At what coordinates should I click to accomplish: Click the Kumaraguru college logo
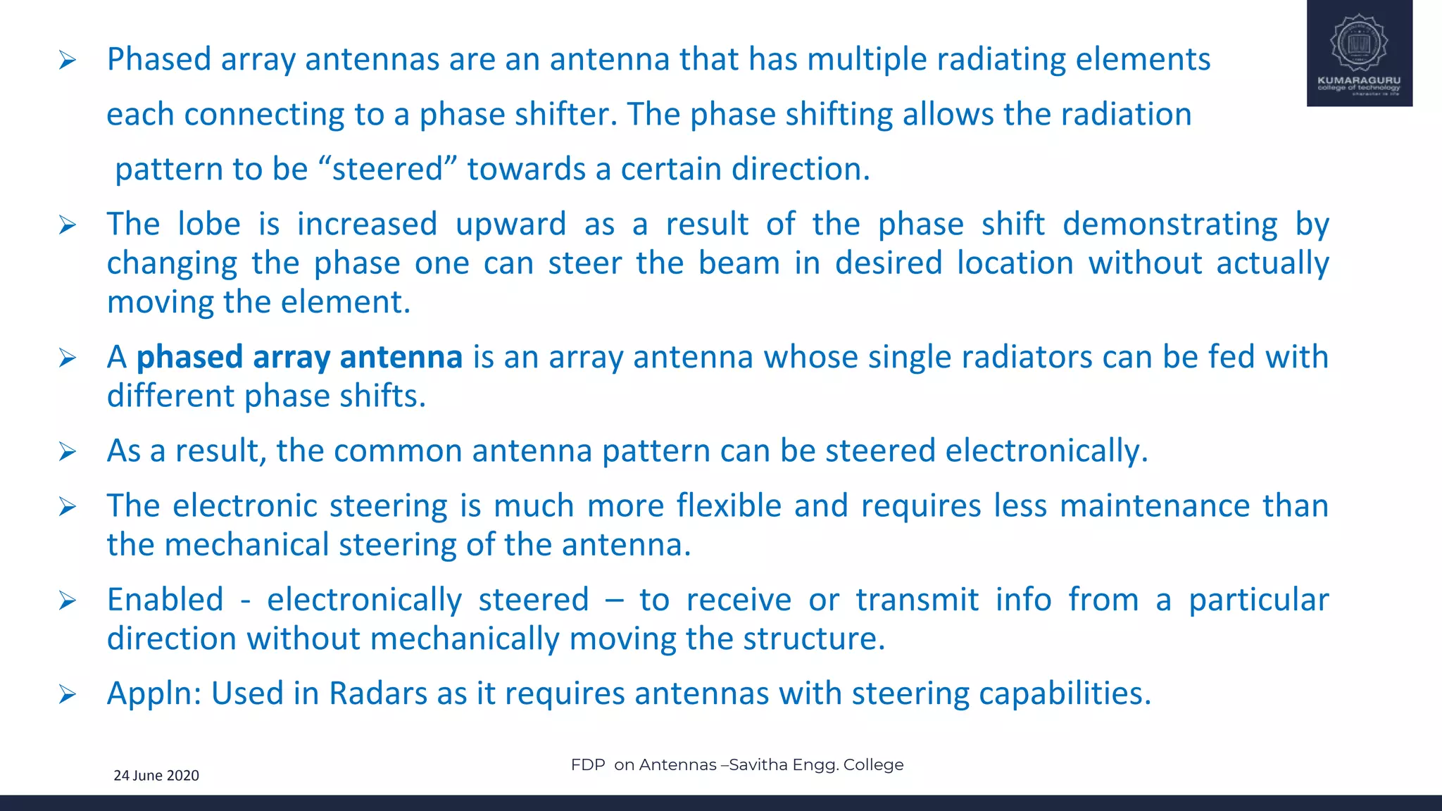[1359, 53]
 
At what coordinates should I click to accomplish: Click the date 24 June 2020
[156, 775]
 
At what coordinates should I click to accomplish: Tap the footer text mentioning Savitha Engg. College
[736, 765]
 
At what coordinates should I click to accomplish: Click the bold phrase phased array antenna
[299, 357]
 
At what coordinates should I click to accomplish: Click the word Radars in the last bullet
[377, 693]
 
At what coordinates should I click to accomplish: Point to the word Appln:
[154, 693]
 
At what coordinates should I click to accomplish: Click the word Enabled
[165, 600]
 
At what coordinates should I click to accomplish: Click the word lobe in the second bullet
[208, 225]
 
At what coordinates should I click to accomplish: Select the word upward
[510, 225]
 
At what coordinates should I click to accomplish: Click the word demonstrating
[1170, 225]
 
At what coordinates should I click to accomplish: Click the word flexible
[729, 506]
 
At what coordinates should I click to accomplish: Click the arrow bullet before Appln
[68, 695]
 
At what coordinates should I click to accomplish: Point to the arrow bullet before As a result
[68, 451]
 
